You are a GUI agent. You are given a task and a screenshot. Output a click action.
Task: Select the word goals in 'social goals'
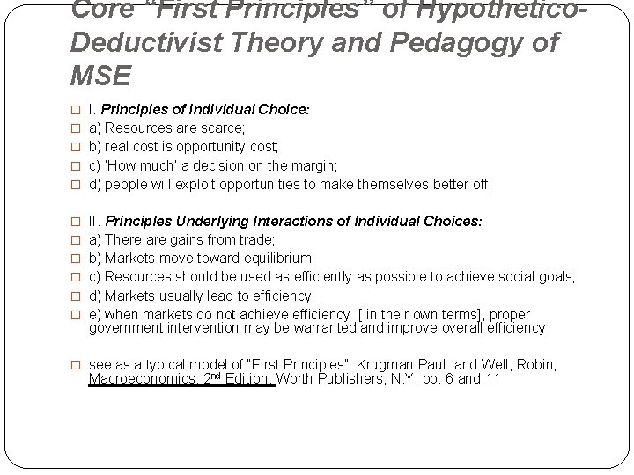[555, 276]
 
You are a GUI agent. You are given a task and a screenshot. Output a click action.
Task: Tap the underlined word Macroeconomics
[141, 380]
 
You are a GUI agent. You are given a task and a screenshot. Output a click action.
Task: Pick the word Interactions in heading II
[280, 222]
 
